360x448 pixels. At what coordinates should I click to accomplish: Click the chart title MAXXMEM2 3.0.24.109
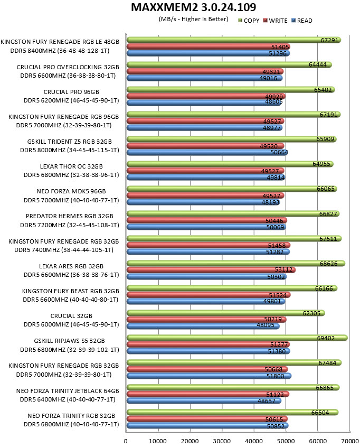point(193,7)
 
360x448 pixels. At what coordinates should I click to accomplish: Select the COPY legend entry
point(249,21)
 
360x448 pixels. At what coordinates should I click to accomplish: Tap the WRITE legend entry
point(275,21)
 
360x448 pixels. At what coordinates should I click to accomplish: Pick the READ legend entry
point(302,21)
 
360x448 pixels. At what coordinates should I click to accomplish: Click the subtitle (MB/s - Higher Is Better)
point(193,19)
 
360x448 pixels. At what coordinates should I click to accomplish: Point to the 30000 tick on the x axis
point(222,441)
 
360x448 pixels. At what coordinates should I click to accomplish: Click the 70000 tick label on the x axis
point(350,441)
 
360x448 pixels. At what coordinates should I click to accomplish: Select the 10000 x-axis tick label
point(158,441)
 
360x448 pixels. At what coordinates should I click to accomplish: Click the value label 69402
point(326,338)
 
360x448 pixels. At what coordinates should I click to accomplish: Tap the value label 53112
point(283,269)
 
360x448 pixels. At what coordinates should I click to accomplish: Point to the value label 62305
point(311,313)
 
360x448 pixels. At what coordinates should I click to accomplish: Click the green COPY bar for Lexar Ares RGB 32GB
point(236,263)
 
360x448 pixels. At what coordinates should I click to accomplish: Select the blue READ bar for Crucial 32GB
point(203,326)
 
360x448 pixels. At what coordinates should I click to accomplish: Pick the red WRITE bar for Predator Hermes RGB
point(207,220)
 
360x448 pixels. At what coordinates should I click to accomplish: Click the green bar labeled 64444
point(229,64)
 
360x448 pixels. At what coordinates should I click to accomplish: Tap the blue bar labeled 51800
point(209,376)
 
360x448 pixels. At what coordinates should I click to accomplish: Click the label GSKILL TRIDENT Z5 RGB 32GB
point(69,142)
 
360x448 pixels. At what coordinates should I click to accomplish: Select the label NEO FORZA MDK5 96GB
point(71,191)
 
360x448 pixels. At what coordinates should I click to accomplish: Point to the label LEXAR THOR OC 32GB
point(71,166)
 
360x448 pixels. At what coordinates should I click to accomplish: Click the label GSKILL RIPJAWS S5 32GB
point(69,341)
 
